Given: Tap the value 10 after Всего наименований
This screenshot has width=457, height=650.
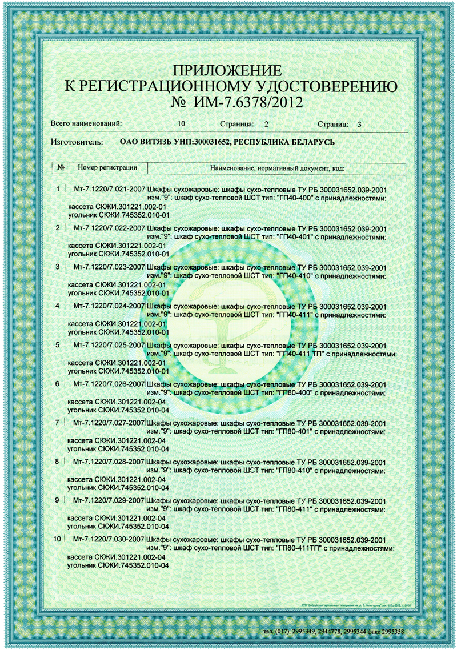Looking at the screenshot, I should pos(181,123).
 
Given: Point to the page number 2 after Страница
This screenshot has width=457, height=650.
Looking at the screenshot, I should pos(266,123).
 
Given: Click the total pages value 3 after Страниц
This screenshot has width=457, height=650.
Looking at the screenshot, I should pos(359,123).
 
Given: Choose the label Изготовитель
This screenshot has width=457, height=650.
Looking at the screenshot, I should pos(77,141).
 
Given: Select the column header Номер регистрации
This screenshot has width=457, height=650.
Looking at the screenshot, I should pos(107,168).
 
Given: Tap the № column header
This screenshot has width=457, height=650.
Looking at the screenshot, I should pos(60,168).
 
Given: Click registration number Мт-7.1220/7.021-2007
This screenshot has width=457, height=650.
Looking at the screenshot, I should pos(109,189).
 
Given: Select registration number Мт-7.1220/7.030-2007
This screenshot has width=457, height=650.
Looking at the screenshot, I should pos(109,540).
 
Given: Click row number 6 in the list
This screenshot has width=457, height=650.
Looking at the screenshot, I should pos(57,384).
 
